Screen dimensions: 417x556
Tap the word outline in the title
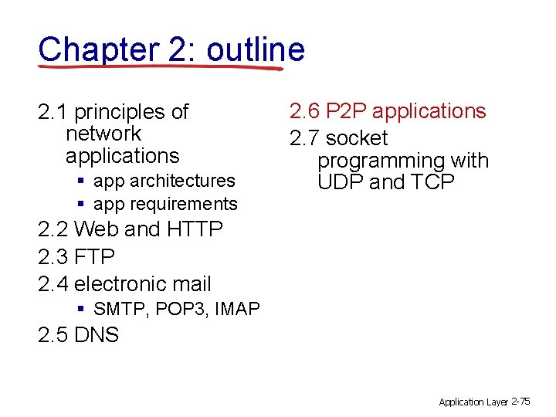[256, 49]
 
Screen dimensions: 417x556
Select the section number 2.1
[53, 113]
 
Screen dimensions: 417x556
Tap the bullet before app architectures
[81, 181]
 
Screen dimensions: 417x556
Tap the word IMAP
[238, 310]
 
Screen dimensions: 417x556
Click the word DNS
[97, 336]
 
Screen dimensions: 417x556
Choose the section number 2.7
[304, 139]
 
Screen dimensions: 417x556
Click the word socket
[357, 139]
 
